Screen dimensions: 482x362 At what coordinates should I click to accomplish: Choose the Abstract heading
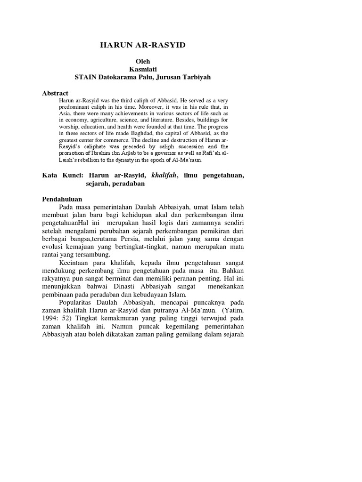tap(55, 93)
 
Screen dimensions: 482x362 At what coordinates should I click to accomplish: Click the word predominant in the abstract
tap(76, 107)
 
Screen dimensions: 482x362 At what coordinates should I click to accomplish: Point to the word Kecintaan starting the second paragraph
tap(74, 263)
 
